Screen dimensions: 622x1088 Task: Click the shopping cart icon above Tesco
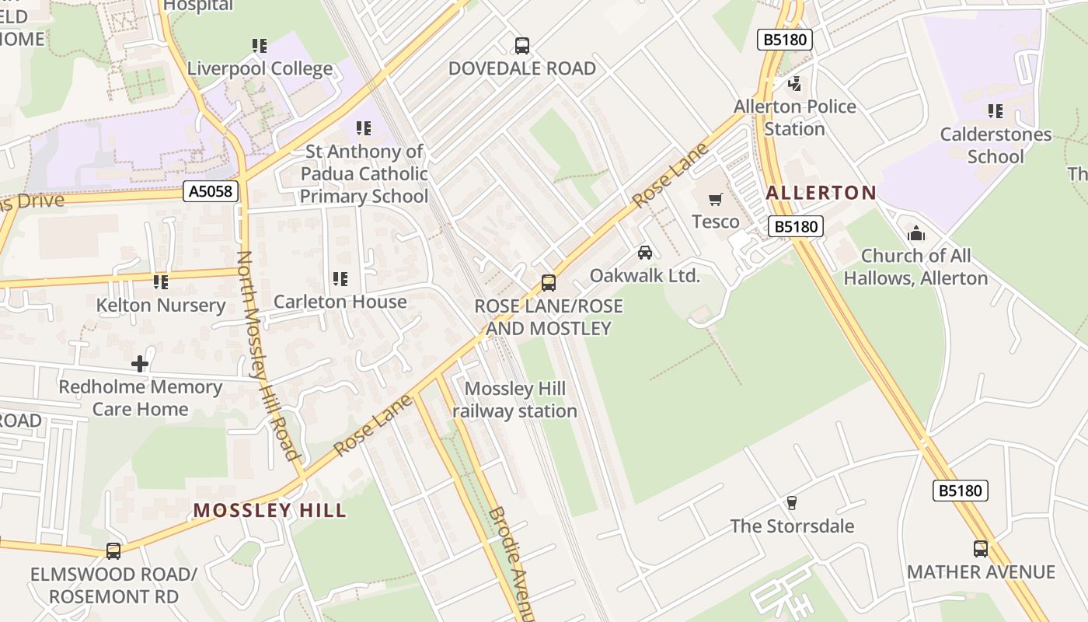point(716,200)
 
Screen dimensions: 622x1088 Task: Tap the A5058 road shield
point(211,190)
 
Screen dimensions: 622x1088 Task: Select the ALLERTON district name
point(821,192)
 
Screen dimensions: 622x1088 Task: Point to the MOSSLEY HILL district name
point(270,510)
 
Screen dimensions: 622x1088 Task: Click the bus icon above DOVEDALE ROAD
point(522,46)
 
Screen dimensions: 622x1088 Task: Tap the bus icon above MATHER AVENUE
point(981,549)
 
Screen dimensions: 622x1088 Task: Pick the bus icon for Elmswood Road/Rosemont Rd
point(113,551)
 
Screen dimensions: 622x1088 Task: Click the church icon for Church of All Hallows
point(916,233)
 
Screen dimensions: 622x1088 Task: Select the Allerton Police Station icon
point(794,84)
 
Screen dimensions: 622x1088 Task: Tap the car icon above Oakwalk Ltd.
point(644,253)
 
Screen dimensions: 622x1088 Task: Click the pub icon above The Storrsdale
point(792,503)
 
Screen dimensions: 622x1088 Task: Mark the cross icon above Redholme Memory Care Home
point(140,364)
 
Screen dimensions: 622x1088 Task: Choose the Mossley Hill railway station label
point(514,400)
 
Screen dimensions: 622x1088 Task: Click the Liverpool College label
point(260,68)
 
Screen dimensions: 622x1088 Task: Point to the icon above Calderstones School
point(995,112)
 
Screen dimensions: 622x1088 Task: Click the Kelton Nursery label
point(161,306)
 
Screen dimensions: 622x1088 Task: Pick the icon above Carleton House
point(340,279)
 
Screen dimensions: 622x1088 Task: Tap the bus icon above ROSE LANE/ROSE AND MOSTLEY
point(549,283)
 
